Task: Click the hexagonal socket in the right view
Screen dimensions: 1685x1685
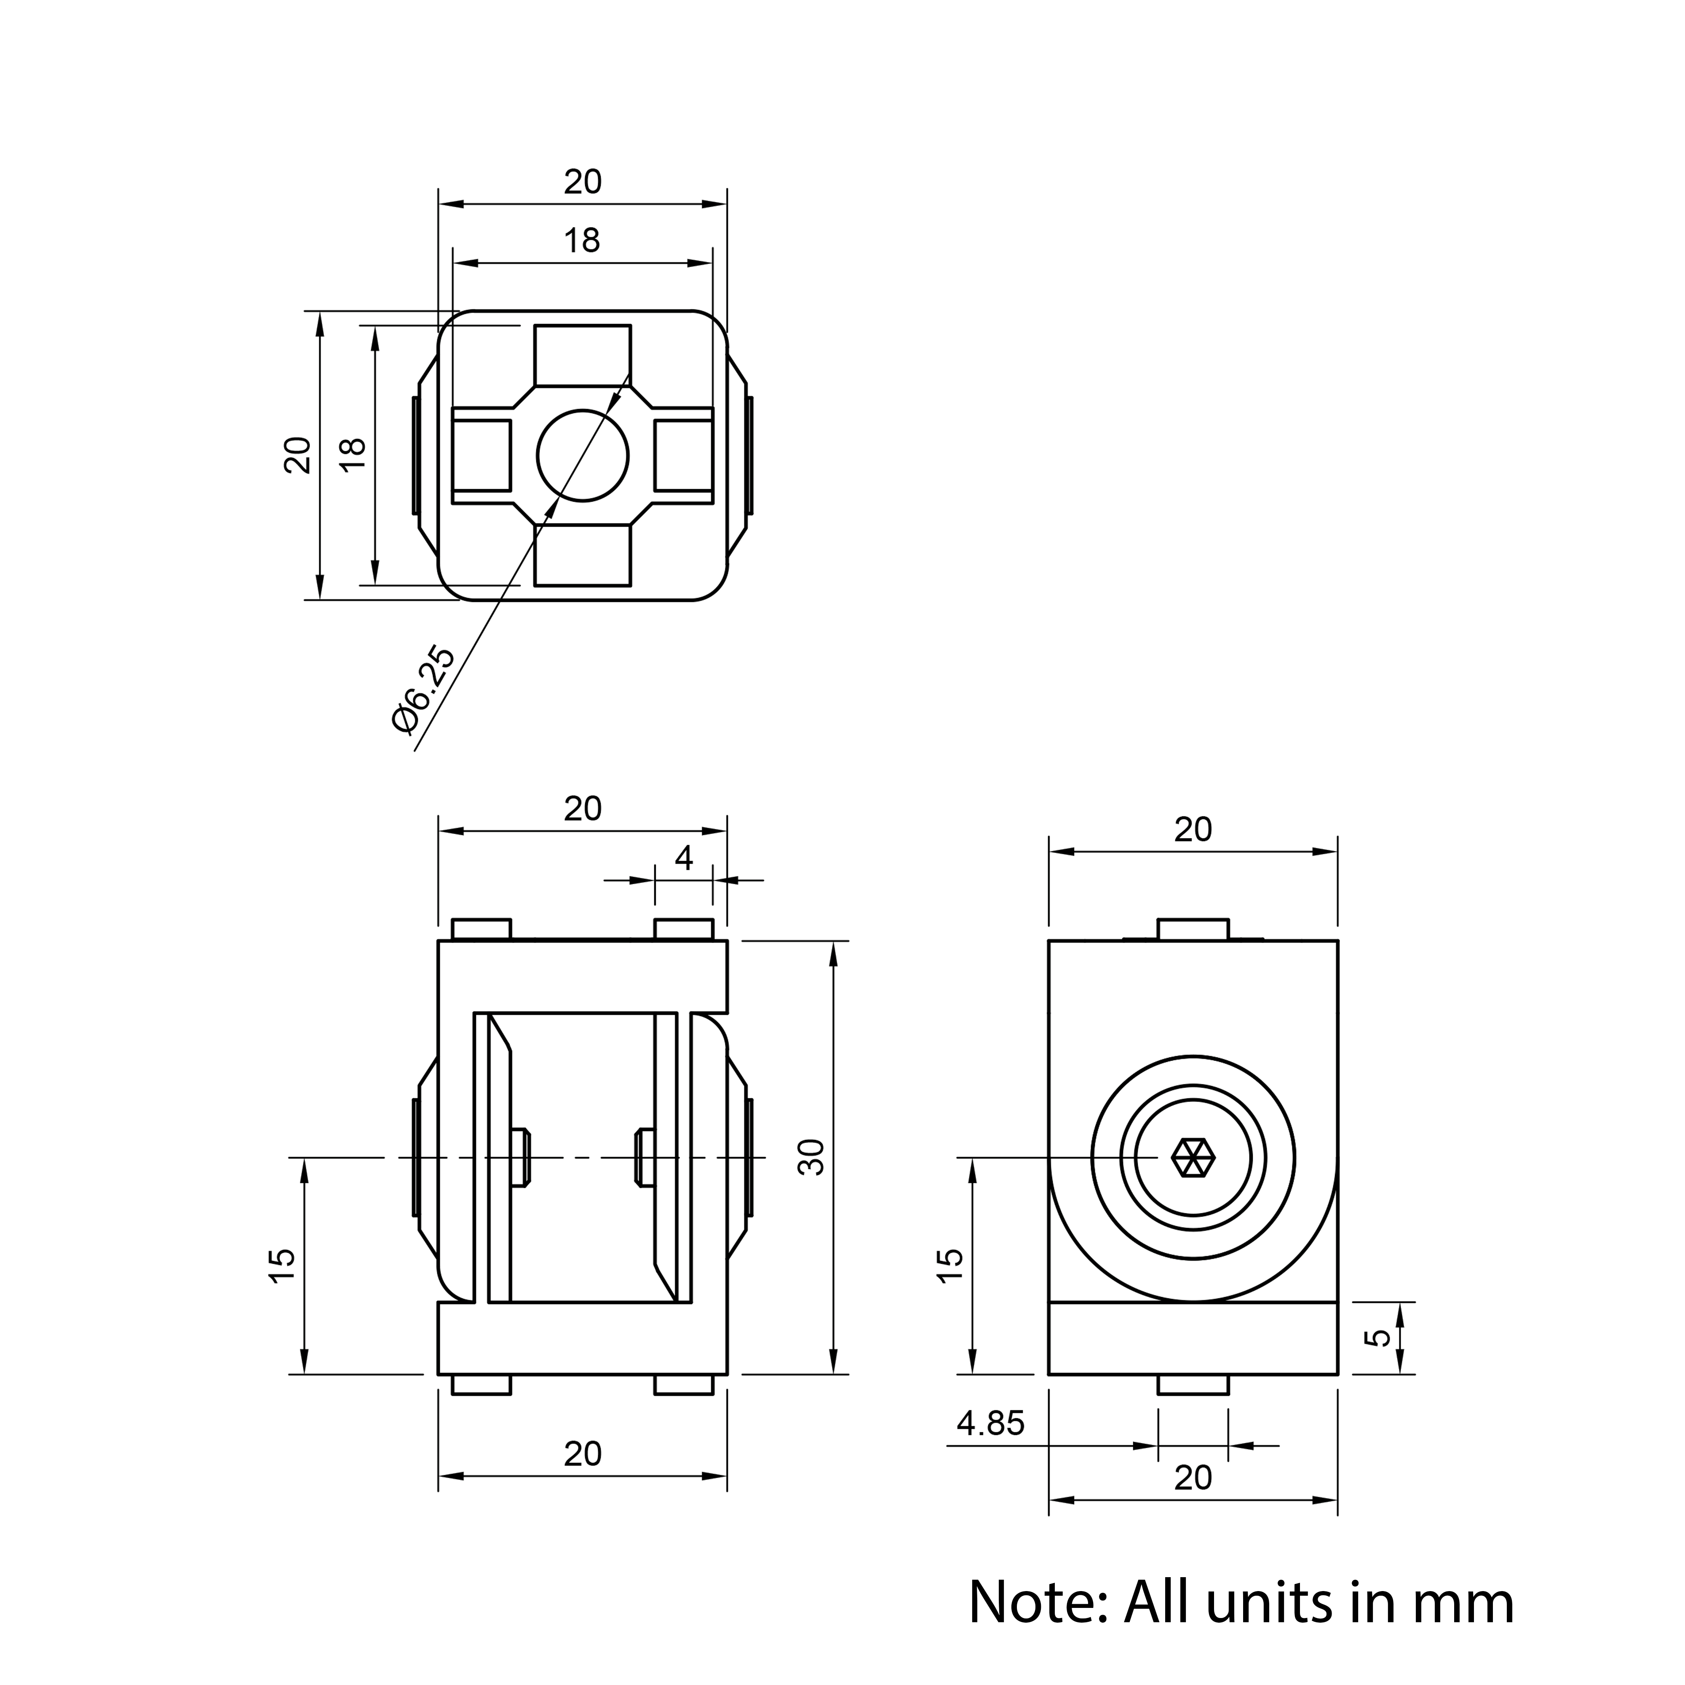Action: (1193, 1157)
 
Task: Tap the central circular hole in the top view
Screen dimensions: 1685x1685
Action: (583, 455)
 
